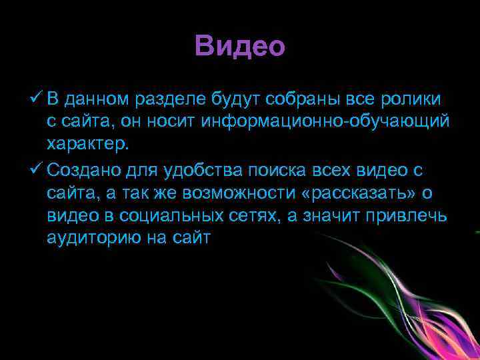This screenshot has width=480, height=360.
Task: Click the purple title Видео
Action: tap(240, 47)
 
